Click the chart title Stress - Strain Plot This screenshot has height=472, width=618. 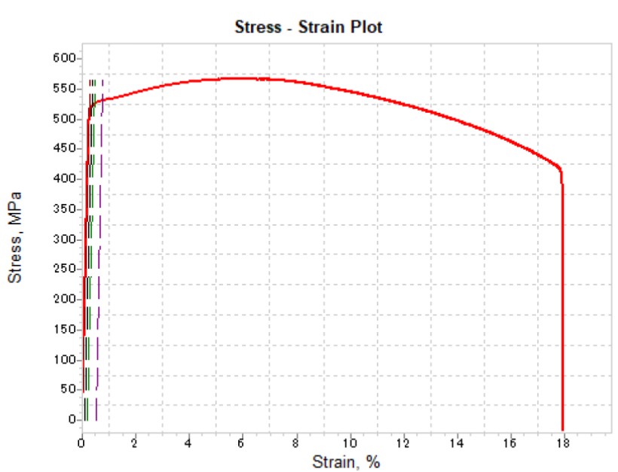[309, 28]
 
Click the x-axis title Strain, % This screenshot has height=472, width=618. [347, 461]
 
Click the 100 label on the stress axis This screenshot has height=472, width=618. [64, 359]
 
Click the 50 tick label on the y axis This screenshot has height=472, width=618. [67, 389]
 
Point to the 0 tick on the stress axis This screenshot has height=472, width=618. [70, 419]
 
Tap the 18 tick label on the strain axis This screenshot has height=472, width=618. [562, 442]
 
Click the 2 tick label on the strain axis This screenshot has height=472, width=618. [135, 442]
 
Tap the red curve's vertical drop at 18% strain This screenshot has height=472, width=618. [562, 301]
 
